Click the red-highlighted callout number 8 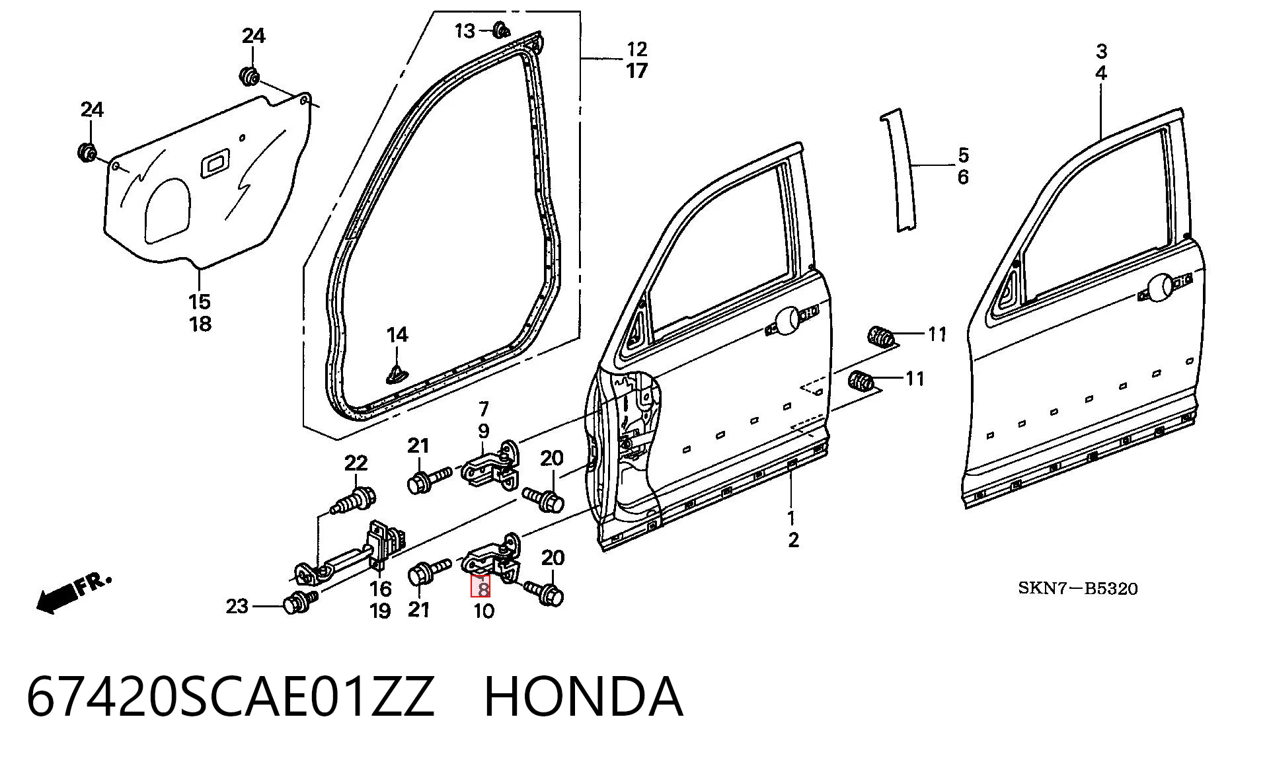[481, 586]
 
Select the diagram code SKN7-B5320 [1077, 588]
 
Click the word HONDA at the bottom [584, 697]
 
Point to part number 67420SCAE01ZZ [231, 697]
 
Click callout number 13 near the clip [465, 30]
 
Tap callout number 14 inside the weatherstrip [397, 335]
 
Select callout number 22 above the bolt [356, 463]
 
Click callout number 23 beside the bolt [237, 606]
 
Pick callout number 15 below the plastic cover [200, 302]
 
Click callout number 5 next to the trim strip [963, 155]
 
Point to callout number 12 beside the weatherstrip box [636, 49]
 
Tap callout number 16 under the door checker [380, 588]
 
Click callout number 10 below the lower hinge [484, 611]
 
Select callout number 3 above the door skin [1101, 51]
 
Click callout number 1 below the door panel [791, 517]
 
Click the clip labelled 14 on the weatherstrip [397, 375]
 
